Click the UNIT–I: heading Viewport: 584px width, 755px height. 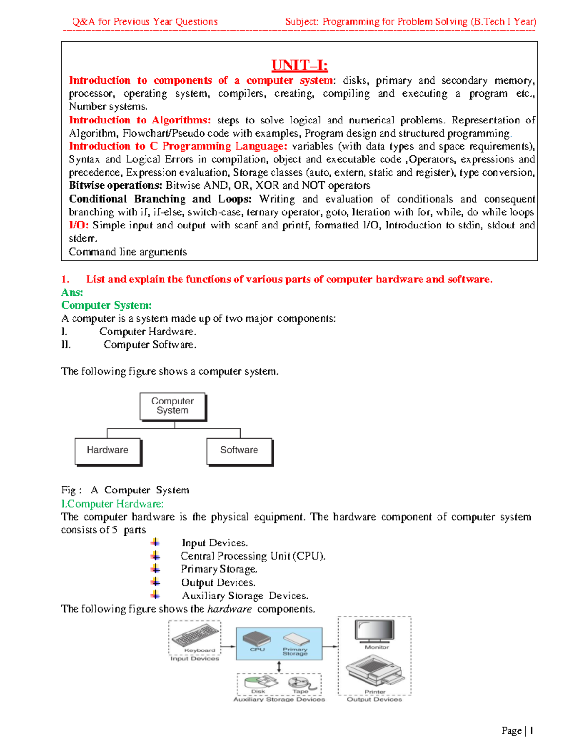[299, 65]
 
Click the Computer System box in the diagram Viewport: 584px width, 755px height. [173, 406]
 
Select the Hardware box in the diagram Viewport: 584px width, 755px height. [108, 451]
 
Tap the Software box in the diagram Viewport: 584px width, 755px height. [239, 451]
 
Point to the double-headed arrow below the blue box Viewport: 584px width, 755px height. [279, 667]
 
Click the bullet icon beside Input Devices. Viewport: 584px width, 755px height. [155, 543]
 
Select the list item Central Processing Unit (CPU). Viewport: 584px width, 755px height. [253, 556]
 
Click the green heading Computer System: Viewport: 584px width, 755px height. [107, 305]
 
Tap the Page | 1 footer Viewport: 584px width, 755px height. [517, 731]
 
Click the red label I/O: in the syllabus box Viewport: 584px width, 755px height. [78, 225]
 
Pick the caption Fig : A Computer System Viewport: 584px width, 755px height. [125, 490]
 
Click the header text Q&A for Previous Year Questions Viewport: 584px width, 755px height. [145, 22]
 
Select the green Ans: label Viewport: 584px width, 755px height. [72, 292]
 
